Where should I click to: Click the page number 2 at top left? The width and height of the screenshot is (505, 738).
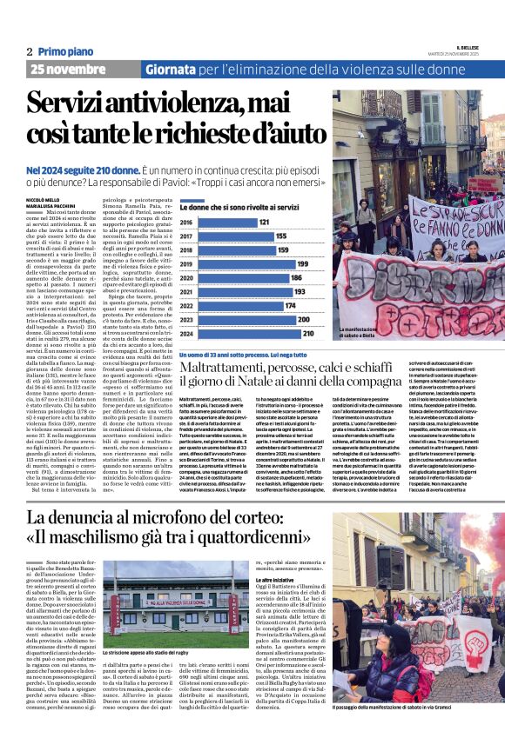click(29, 52)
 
